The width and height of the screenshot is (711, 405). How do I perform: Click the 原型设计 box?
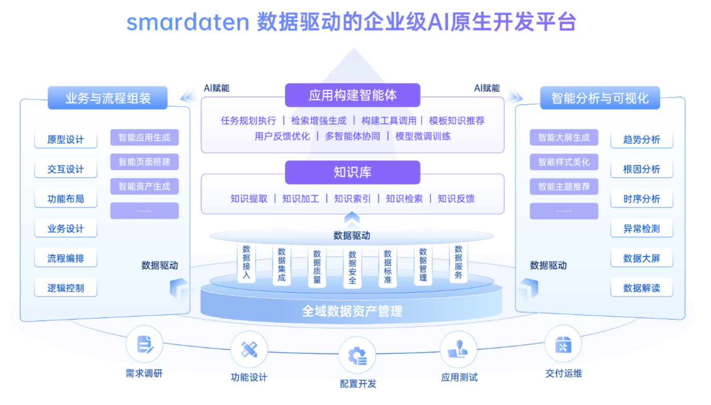[66, 140]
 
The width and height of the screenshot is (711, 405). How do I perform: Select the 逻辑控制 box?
[66, 288]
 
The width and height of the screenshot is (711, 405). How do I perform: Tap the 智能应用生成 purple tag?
[144, 138]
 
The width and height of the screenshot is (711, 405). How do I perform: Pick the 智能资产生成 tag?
[144, 186]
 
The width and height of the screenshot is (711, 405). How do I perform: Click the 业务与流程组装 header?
[108, 98]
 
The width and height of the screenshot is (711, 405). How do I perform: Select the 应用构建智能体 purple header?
[352, 95]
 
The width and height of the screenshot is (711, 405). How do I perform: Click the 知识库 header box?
[352, 172]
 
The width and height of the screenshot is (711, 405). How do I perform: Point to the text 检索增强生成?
[318, 121]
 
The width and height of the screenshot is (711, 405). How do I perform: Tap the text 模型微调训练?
[423, 137]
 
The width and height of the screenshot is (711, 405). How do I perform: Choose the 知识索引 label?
[352, 199]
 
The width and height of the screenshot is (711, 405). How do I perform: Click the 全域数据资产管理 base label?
[352, 311]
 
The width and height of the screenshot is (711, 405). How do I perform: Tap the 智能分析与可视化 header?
[600, 98]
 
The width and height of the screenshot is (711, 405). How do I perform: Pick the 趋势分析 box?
[642, 140]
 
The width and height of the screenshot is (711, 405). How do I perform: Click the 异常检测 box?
[642, 229]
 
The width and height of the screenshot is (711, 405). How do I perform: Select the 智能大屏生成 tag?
[564, 138]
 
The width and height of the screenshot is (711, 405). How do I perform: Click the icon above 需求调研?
[144, 344]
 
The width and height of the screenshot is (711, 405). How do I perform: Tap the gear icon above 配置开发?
[357, 355]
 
